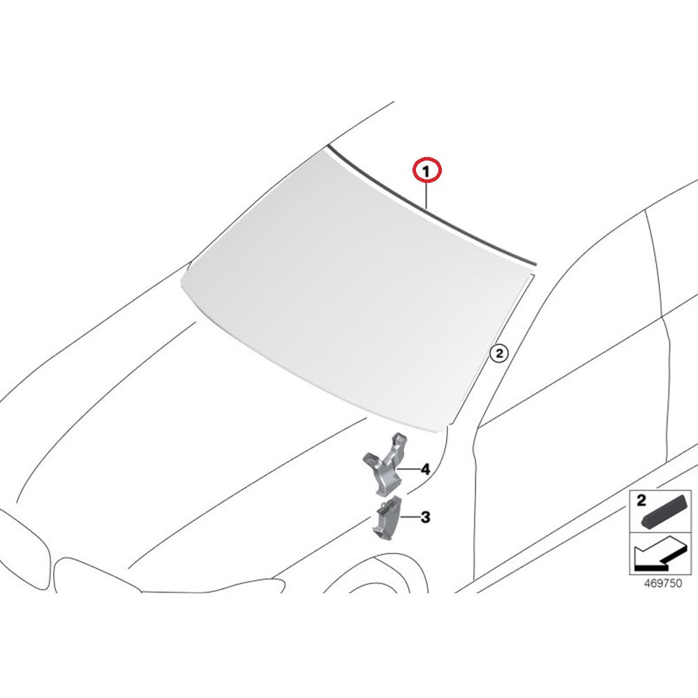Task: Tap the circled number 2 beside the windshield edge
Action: coord(498,353)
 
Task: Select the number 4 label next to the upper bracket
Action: coord(426,469)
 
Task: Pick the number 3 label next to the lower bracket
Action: coord(426,517)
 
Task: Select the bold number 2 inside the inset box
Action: coord(641,500)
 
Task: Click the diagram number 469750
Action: coord(663,583)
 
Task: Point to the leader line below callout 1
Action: coord(426,197)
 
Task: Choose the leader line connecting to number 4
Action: coord(408,469)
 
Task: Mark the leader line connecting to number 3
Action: coord(410,517)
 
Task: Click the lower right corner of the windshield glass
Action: coord(445,430)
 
